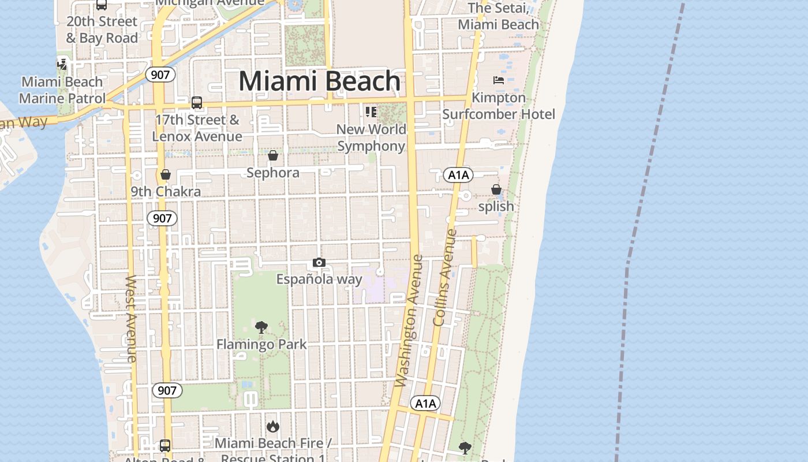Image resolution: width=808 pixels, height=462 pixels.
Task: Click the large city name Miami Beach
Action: (319, 81)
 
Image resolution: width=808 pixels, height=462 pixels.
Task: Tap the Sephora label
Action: (273, 173)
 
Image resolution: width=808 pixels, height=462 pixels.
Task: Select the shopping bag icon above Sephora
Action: (273, 156)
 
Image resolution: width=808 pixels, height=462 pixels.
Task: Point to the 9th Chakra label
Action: (166, 192)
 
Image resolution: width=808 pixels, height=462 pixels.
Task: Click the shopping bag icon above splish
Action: (496, 189)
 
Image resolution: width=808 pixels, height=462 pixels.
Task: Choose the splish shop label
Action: (496, 206)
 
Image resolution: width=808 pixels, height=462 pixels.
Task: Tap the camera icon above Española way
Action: (319, 263)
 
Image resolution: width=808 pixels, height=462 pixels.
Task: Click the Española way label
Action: (319, 280)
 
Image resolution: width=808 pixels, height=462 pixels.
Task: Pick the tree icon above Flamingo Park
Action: (261, 327)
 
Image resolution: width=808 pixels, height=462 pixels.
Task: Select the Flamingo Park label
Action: (261, 345)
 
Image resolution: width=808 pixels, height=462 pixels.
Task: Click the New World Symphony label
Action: (371, 137)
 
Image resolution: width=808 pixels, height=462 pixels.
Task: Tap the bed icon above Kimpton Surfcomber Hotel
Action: (499, 80)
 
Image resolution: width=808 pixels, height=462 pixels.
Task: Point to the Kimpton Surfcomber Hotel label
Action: (499, 106)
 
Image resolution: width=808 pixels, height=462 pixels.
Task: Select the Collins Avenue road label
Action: (444, 278)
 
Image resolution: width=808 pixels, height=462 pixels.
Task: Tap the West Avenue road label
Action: (131, 319)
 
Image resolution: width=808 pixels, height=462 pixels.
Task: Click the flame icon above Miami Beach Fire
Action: (273, 427)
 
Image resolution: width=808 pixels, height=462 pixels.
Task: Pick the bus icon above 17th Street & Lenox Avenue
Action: (197, 103)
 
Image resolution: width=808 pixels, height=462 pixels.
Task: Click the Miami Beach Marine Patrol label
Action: (62, 90)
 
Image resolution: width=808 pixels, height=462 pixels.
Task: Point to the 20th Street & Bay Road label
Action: (102, 30)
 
